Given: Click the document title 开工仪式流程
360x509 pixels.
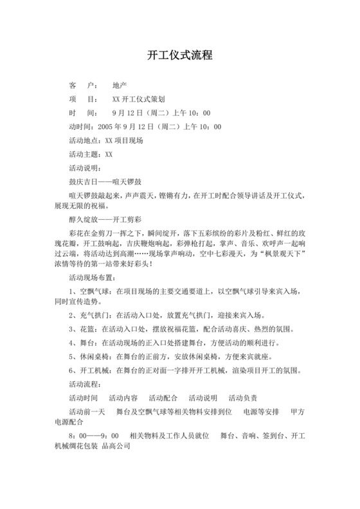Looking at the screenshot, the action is coord(179,56).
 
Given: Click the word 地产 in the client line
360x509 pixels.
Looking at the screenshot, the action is coord(120,85).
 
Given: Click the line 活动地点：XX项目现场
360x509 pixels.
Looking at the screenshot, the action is coord(106,140).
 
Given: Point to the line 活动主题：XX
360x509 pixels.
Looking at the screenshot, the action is coord(91,154).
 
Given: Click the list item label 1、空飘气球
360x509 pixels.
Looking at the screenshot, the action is coord(89,290).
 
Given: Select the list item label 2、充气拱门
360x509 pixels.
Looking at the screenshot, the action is coord(89,316).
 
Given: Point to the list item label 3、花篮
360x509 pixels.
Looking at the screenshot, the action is coord(82,329).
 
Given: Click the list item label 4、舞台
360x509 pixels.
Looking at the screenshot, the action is coord(82,343).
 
